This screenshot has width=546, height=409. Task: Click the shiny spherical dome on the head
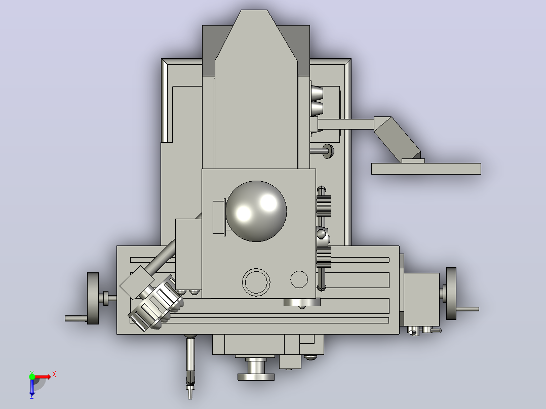coord(256,211)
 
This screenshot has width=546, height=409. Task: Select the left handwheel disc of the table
coord(93,298)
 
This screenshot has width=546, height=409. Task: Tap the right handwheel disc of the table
coord(451,294)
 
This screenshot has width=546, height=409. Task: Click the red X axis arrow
coord(44,377)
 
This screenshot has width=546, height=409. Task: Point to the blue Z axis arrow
coord(32,387)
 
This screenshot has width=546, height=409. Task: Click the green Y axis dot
coord(32,377)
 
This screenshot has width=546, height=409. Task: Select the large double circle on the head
coord(256,282)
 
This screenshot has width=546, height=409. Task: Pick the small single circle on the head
coord(299,279)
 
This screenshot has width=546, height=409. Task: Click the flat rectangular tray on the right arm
coord(426,169)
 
